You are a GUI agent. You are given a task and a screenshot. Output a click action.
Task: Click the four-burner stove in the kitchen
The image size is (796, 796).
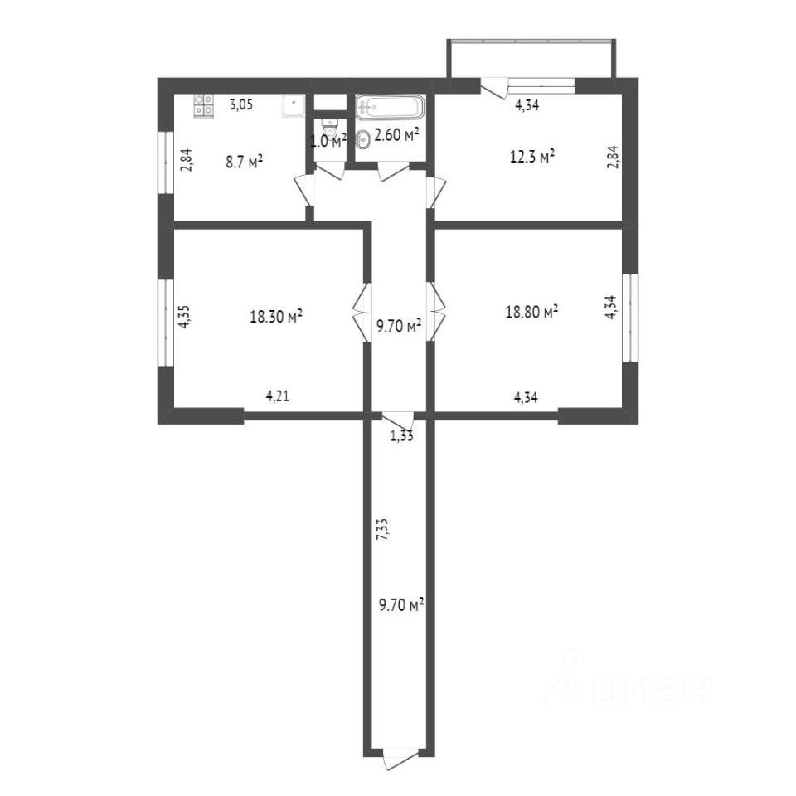[204, 105]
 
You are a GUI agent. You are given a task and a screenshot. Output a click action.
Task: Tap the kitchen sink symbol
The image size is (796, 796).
[294, 106]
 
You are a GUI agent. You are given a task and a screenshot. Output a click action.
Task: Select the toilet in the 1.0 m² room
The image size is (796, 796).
[329, 129]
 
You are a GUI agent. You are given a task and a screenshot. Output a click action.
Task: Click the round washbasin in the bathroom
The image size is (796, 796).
[363, 139]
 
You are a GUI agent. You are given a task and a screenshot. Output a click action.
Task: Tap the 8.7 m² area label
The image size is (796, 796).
[244, 162]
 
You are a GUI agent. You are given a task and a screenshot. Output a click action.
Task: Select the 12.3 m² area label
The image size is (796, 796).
[531, 157]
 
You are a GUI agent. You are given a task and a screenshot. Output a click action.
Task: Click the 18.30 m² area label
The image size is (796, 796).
[276, 316]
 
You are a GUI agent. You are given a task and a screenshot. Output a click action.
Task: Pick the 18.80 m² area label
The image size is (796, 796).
[531, 311]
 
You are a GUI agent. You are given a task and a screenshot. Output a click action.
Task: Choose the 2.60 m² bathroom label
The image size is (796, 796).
[396, 134]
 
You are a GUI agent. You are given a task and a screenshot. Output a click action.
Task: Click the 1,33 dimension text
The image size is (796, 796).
[401, 435]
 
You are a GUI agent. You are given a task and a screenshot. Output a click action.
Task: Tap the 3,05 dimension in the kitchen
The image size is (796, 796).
[241, 105]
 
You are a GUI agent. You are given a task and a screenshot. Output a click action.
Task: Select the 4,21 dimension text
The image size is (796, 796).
[278, 396]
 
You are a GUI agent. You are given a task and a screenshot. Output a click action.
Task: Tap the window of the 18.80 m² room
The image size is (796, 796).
[630, 318]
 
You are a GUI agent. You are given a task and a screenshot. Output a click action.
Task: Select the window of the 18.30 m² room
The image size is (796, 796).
[166, 323]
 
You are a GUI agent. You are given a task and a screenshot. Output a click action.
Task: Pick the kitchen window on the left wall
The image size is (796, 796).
[166, 163]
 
